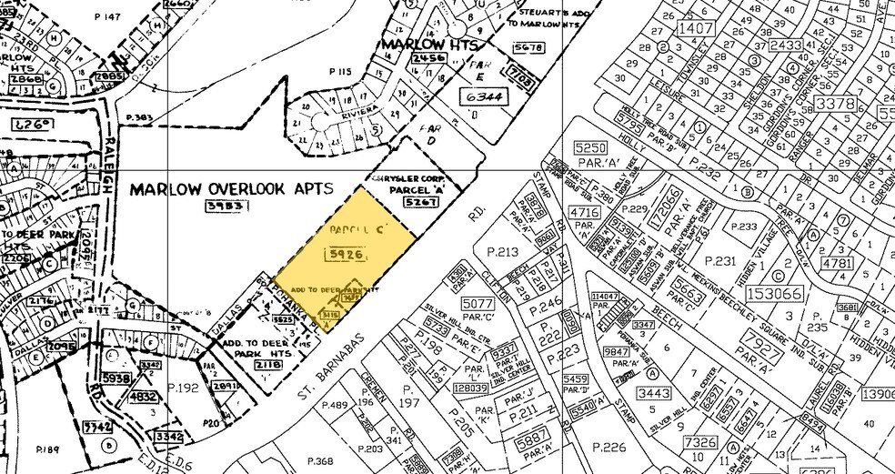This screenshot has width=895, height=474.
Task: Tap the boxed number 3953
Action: point(221,207)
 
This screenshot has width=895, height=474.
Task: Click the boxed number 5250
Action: point(589,147)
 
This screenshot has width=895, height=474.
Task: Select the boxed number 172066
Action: point(669,207)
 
